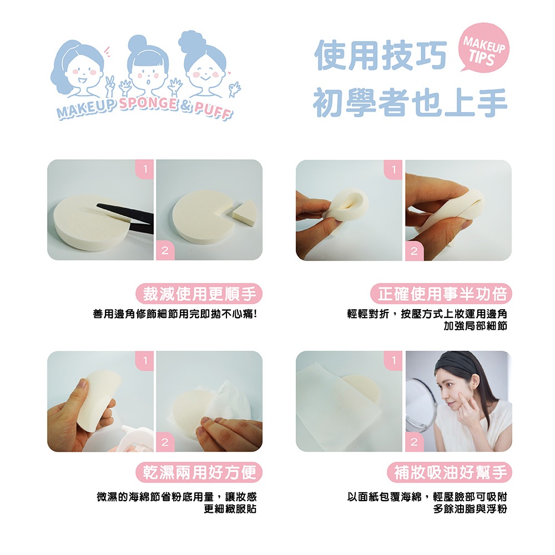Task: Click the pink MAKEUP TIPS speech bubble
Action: point(483,47)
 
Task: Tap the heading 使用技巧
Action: point(381,55)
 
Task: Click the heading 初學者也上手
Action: point(411,102)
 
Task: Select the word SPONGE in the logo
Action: point(148,103)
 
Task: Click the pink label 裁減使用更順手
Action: point(199,294)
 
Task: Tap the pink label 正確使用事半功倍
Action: point(441,294)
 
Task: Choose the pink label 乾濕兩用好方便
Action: point(199,472)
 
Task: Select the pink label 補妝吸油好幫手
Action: point(450,472)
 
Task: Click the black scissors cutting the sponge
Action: point(125,218)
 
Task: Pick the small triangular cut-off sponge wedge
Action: point(244,212)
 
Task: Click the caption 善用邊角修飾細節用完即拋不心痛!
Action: point(175,314)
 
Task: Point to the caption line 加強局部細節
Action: point(476,326)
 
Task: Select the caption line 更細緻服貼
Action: point(230,509)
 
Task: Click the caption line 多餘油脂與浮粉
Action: point(470,509)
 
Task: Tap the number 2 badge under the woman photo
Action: point(414,442)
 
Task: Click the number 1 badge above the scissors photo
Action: point(145,169)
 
